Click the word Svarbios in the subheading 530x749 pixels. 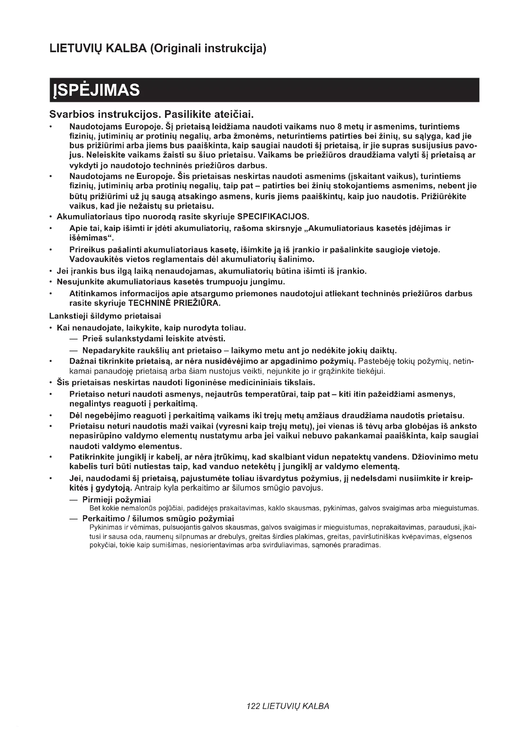tap(72, 115)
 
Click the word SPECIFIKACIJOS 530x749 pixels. tap(272, 216)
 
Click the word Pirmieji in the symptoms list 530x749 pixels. tap(96, 500)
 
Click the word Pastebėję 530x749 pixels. tap(377, 362)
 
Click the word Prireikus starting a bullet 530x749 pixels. tap(85, 250)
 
